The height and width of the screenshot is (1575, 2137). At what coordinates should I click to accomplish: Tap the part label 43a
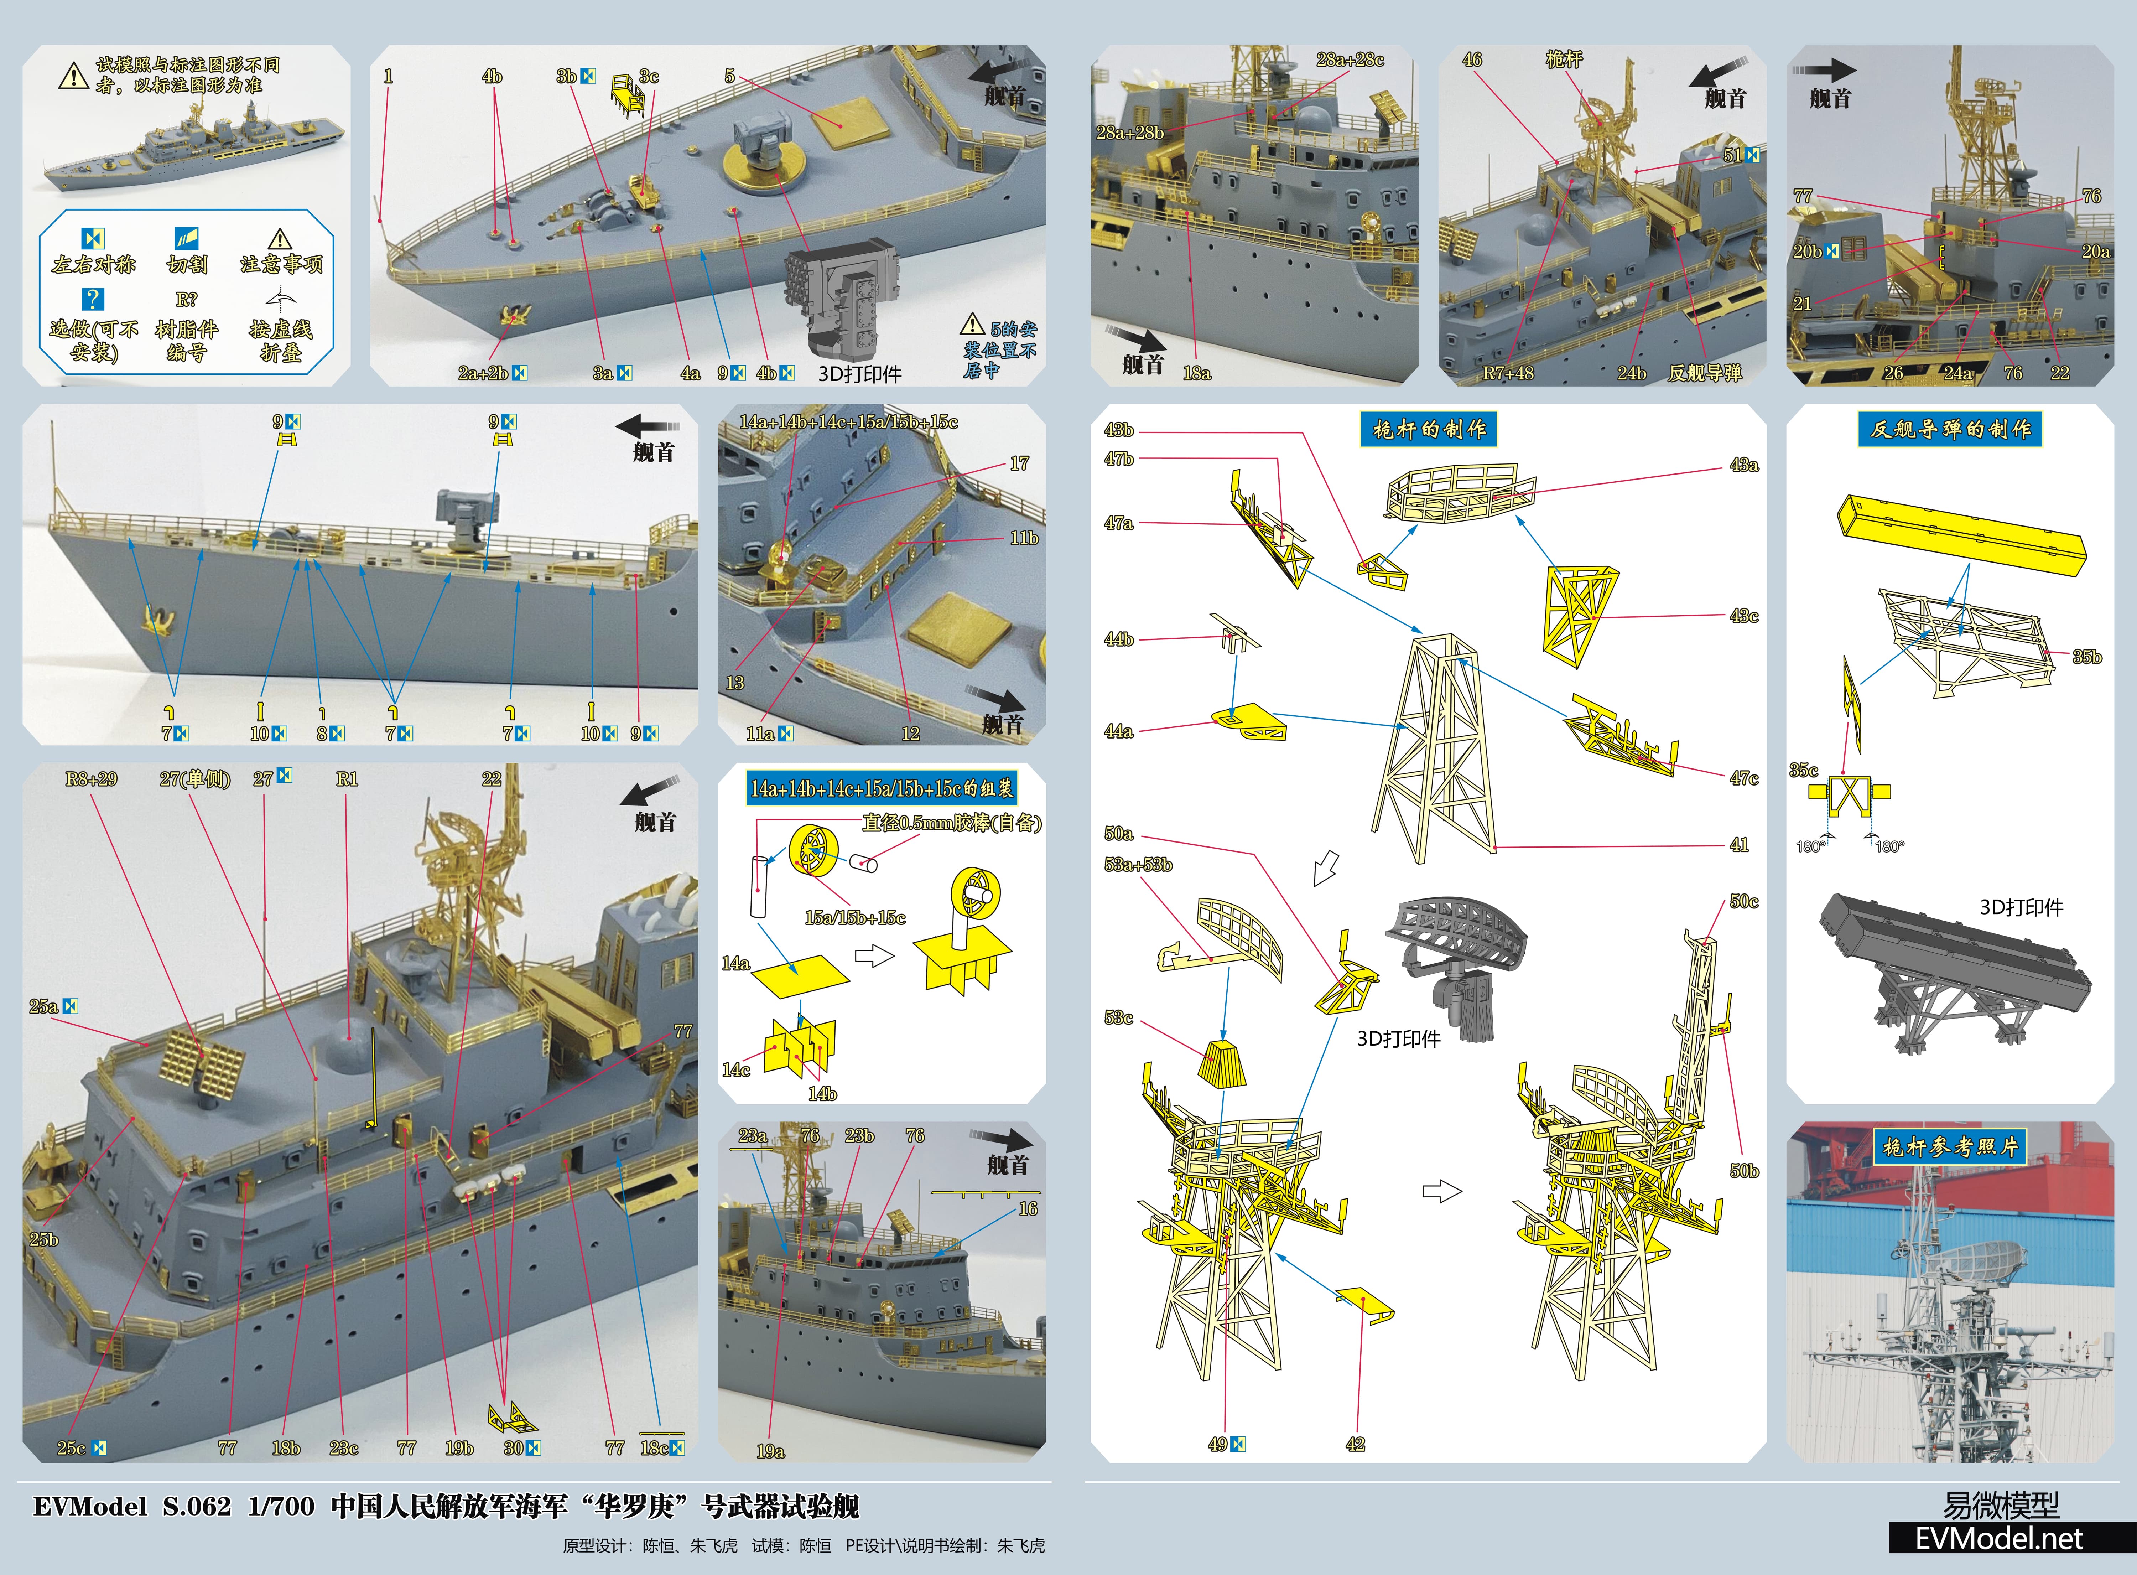coord(1743,465)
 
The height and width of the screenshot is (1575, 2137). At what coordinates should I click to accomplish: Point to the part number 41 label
coord(1738,845)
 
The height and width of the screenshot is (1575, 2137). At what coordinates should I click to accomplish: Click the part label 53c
coord(1118,1017)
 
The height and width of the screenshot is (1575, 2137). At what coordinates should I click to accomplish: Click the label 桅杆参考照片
coord(1950,1147)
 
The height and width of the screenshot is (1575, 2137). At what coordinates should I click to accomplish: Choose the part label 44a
coord(1118,731)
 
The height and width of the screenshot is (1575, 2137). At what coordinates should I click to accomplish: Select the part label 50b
coord(1743,1171)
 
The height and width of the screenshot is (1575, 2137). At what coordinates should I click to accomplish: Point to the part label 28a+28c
coord(1350,59)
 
